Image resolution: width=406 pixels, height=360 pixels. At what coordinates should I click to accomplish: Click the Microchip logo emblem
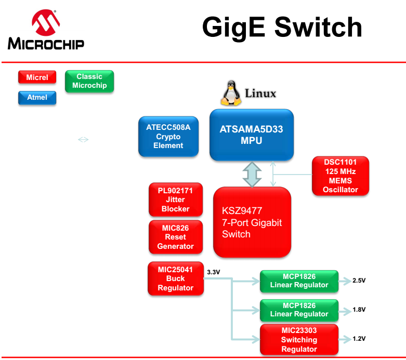[x=46, y=23]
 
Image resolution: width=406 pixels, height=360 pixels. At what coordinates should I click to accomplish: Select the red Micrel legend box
[x=37, y=77]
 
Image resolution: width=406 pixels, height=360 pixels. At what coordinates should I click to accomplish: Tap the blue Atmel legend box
[x=37, y=97]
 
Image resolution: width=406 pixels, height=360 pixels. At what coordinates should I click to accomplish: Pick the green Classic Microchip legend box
[x=89, y=81]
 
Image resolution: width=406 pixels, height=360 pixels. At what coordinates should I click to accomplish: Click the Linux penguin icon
[x=231, y=94]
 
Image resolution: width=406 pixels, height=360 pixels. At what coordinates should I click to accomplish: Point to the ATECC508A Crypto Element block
[x=168, y=137]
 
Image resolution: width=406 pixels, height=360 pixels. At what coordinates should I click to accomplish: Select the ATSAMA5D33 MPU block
[x=252, y=135]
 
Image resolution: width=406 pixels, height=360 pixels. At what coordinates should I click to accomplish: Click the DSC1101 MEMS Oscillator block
[x=340, y=176]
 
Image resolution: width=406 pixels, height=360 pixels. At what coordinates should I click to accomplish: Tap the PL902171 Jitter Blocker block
[x=175, y=199]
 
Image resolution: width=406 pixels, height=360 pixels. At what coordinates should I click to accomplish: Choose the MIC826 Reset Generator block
[x=175, y=237]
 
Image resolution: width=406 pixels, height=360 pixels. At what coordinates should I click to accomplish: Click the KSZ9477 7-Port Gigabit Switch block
[x=252, y=222]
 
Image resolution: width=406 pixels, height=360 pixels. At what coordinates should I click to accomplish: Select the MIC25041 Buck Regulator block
[x=175, y=279]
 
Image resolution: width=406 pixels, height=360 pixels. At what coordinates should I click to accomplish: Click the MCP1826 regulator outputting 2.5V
[x=299, y=281]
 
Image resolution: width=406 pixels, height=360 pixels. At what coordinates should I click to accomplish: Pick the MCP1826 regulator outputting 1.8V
[x=299, y=310]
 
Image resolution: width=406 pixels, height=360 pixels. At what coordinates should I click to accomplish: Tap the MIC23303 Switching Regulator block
[x=299, y=339]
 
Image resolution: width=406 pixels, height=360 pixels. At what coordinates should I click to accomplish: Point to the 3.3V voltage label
[x=214, y=272]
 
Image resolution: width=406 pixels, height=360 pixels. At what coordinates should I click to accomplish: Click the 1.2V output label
[x=359, y=339]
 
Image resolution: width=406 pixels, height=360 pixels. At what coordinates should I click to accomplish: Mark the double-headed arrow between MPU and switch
[x=252, y=174]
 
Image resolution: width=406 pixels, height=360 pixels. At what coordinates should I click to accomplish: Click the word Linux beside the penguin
[x=260, y=94]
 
